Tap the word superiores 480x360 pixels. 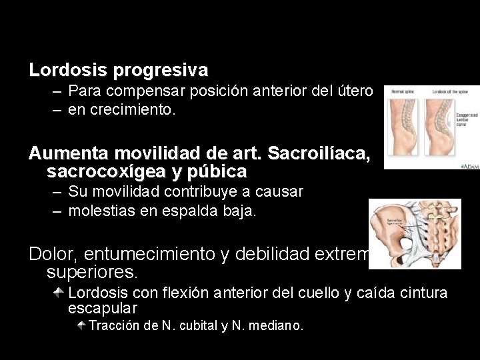93,272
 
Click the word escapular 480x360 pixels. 103,309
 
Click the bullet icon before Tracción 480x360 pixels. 80,325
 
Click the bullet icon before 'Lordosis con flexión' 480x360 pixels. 60,292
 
